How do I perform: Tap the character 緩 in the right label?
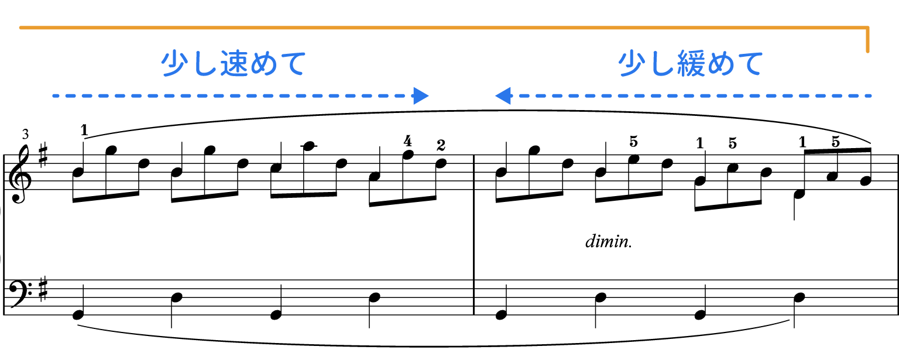pyautogui.click(x=691, y=64)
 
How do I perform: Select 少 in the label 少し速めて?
pyautogui.click(x=174, y=64)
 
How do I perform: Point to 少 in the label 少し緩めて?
pyautogui.click(x=632, y=64)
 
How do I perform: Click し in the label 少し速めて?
pyautogui.click(x=204, y=64)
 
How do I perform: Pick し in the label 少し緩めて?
pyautogui.click(x=661, y=64)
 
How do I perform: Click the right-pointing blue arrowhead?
pyautogui.click(x=421, y=95)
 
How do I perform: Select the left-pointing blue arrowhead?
pyautogui.click(x=502, y=95)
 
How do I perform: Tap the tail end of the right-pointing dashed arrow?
pyautogui.click(x=54, y=95)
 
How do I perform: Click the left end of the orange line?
pyautogui.click(x=20, y=27)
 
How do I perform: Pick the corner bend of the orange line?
pyautogui.click(x=868, y=28)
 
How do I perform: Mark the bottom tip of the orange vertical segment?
pyautogui.click(x=868, y=52)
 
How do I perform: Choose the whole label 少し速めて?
pyautogui.click(x=234, y=64)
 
